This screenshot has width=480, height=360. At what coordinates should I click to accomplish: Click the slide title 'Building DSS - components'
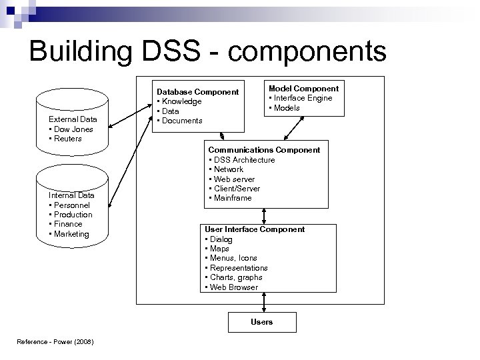pos(207,52)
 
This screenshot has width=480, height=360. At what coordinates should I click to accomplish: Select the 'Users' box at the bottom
pos(261,322)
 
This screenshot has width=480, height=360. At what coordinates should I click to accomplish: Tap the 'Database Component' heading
pos(197,91)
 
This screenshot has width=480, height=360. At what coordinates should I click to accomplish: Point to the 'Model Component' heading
pos(303,88)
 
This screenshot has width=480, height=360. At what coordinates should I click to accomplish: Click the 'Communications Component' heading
pos(264,150)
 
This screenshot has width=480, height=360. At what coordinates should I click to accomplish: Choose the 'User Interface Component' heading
pos(255,229)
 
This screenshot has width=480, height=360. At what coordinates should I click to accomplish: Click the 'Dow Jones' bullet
pos(73,129)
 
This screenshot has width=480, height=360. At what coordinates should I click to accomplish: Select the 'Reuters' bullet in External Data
pos(67,139)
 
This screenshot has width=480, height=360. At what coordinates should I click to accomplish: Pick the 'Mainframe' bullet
pos(232,198)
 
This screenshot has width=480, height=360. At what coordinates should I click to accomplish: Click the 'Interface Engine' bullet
pos(303,98)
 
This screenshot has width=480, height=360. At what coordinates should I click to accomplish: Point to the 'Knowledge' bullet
pos(180,101)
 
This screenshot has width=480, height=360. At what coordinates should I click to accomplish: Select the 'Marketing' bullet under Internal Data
pos(71,234)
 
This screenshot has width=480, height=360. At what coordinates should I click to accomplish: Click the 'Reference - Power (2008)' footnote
pos(55,343)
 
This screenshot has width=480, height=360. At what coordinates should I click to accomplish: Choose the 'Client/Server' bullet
pos(235,189)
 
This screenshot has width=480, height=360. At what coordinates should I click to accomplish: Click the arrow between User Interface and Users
pos(265,302)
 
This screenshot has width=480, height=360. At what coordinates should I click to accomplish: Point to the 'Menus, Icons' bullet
pos(234,258)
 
